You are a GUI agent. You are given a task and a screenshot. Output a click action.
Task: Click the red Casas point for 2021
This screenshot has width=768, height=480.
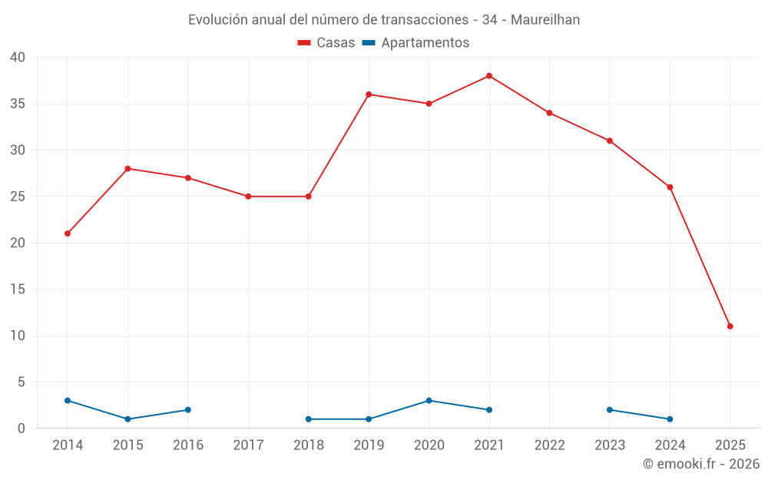coord(489,76)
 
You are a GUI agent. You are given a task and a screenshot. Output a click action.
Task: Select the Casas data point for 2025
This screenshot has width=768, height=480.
coord(730,326)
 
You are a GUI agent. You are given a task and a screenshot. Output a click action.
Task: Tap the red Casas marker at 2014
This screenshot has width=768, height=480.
coord(68,233)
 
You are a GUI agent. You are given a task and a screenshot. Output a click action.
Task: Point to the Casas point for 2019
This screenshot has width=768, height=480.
coord(369,94)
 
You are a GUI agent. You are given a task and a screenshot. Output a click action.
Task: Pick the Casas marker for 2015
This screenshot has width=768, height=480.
coord(127,168)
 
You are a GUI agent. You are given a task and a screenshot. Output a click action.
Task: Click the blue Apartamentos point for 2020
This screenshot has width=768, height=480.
coord(429,401)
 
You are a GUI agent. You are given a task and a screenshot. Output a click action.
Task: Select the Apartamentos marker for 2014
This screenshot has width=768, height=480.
coord(68,401)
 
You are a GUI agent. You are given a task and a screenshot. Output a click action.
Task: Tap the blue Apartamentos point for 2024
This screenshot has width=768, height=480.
coord(670,419)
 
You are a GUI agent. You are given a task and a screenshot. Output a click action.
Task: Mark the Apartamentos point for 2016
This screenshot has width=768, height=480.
coord(188,410)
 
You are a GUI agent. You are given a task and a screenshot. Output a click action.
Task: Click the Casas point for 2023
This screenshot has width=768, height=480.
coord(609,141)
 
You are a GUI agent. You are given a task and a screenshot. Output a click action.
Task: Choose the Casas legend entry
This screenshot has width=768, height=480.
coord(326,43)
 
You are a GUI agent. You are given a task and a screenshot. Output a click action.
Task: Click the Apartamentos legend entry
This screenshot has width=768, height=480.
coord(415,43)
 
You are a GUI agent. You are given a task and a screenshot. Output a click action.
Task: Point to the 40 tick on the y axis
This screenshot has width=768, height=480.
coord(18,58)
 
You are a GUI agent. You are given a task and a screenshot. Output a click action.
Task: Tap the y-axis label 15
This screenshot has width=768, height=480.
coord(18,290)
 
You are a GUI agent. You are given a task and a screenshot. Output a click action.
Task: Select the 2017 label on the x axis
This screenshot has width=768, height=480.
coord(248,445)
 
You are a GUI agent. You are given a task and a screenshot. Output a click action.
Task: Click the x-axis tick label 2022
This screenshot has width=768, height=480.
coord(549,445)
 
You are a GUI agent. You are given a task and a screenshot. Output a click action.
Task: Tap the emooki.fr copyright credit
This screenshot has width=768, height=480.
coord(700,464)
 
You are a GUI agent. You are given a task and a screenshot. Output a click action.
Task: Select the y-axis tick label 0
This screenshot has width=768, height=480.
coord(22,429)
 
